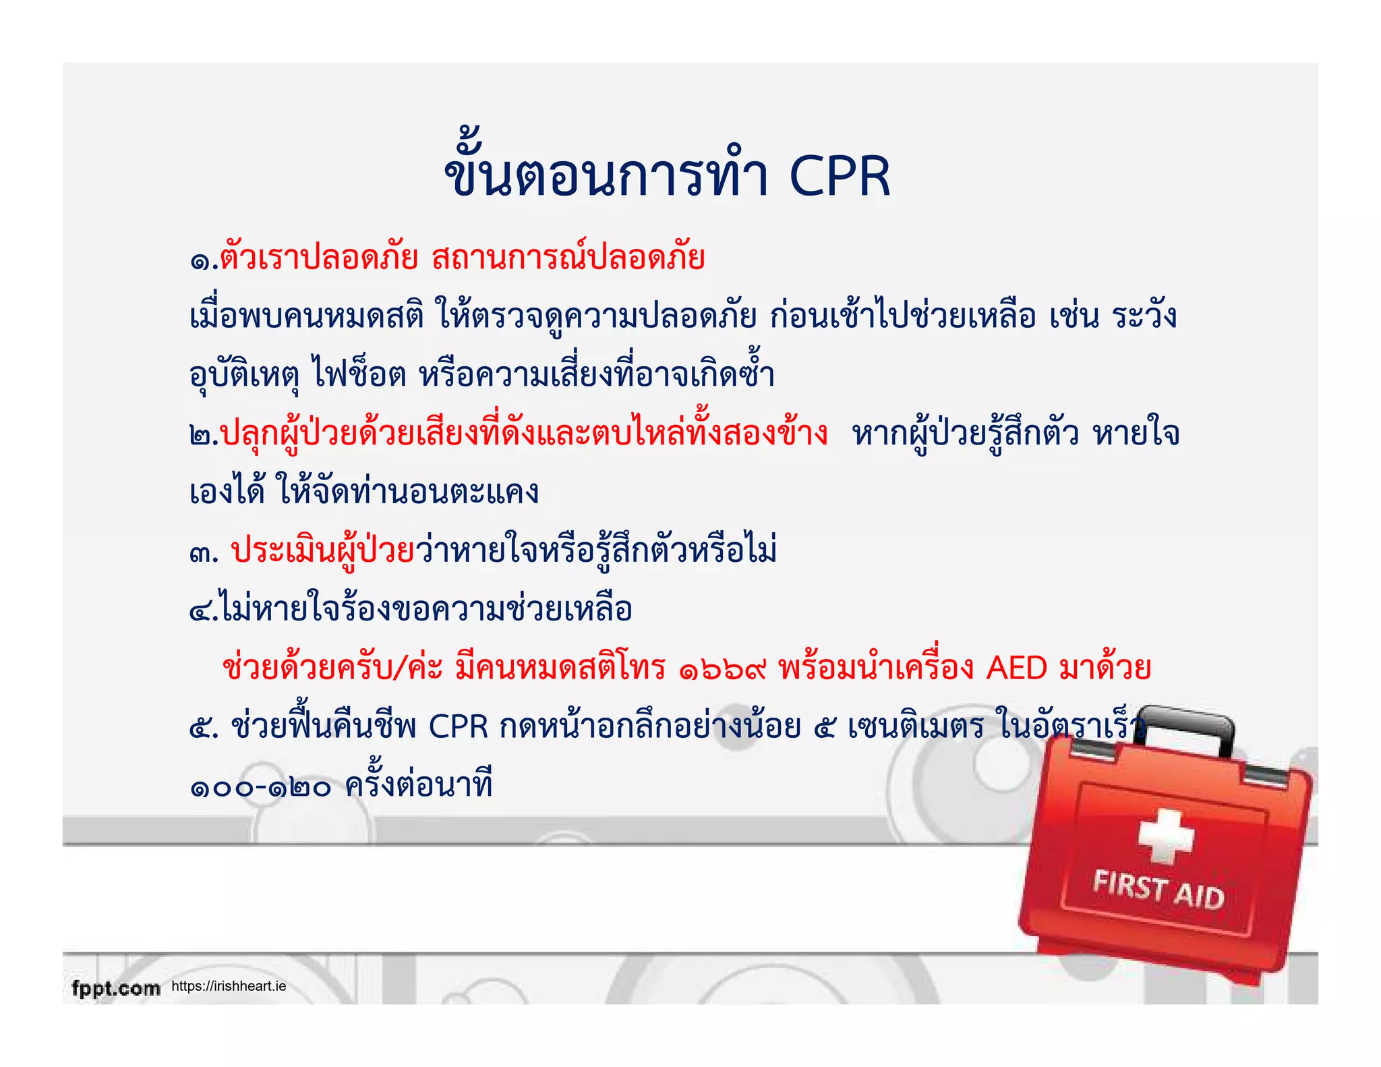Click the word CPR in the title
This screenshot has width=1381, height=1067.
click(x=840, y=177)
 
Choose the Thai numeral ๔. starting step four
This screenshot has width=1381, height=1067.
click(x=203, y=611)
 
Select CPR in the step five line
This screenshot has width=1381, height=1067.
click(x=459, y=728)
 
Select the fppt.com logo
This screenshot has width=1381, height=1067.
click(x=116, y=989)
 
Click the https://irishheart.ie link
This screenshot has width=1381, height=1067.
click(x=229, y=986)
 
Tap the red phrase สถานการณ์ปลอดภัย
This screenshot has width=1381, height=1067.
click(x=568, y=259)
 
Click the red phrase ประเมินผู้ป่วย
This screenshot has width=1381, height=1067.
click(x=322, y=552)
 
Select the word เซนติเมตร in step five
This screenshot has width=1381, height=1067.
click(x=916, y=728)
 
